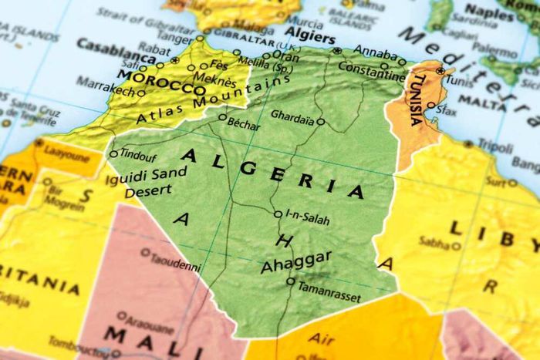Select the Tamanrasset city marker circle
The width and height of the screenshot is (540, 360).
point(291,281)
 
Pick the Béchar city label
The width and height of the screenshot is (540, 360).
point(245,123)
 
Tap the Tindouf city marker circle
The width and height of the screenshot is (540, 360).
point(114,153)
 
